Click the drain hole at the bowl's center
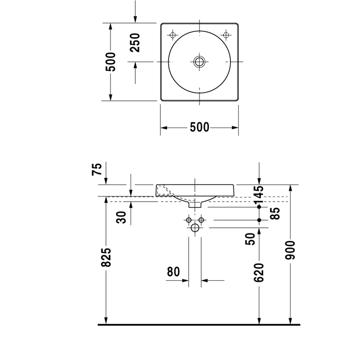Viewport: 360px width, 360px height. pyautogui.click(x=200, y=62)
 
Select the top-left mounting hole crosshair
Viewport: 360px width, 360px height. pyautogui.click(x=173, y=35)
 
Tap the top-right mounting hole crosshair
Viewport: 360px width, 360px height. pyautogui.click(x=226, y=35)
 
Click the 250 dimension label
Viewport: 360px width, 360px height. pyautogui.click(x=135, y=43)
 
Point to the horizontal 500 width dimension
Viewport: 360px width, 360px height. pyautogui.click(x=199, y=127)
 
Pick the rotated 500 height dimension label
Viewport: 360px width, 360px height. pyautogui.click(x=111, y=62)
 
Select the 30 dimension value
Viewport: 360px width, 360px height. pyautogui.click(x=122, y=217)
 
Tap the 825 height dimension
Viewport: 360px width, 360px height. pyautogui.click(x=106, y=256)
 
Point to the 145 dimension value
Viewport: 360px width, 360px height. pyautogui.click(x=259, y=195)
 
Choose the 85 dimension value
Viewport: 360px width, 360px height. pyautogui.click(x=275, y=213)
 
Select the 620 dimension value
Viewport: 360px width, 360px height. pyautogui.click(x=259, y=273)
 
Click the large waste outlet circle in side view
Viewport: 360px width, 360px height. pyautogui.click(x=195, y=228)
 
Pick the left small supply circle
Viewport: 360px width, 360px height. pyautogui.click(x=188, y=220)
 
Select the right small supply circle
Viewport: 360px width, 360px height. pyautogui.click(x=202, y=220)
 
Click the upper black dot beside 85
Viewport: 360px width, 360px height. pyautogui.click(x=259, y=207)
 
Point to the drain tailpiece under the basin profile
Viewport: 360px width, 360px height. pyautogui.click(x=195, y=204)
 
